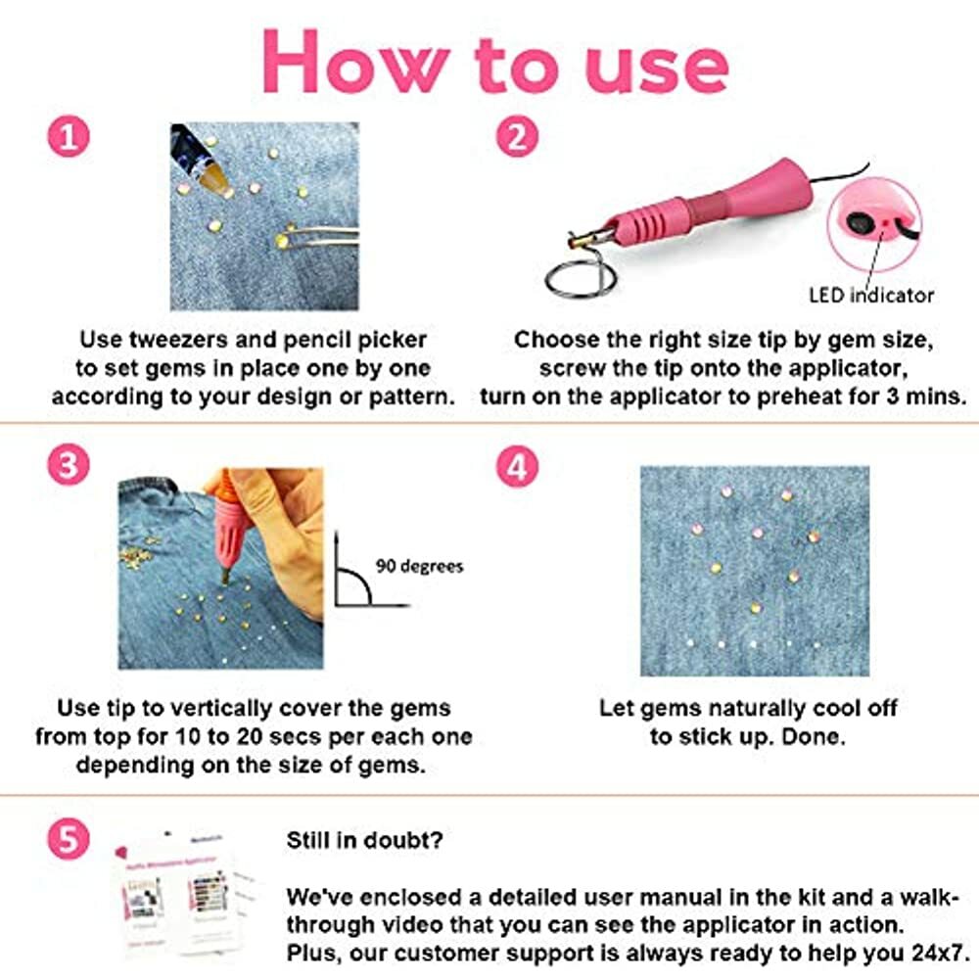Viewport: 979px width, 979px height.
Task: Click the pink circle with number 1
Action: pos(68,136)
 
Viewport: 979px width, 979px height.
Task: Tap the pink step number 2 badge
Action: pos(517,136)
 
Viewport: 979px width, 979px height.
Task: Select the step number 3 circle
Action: pos(68,465)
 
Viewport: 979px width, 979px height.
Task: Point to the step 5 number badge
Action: pos(68,838)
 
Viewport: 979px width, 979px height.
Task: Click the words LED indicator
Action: pos(871,294)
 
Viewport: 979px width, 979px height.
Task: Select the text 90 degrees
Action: pos(419,566)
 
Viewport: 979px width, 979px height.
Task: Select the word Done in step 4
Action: pos(816,736)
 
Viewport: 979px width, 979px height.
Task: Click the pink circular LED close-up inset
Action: pos(874,222)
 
